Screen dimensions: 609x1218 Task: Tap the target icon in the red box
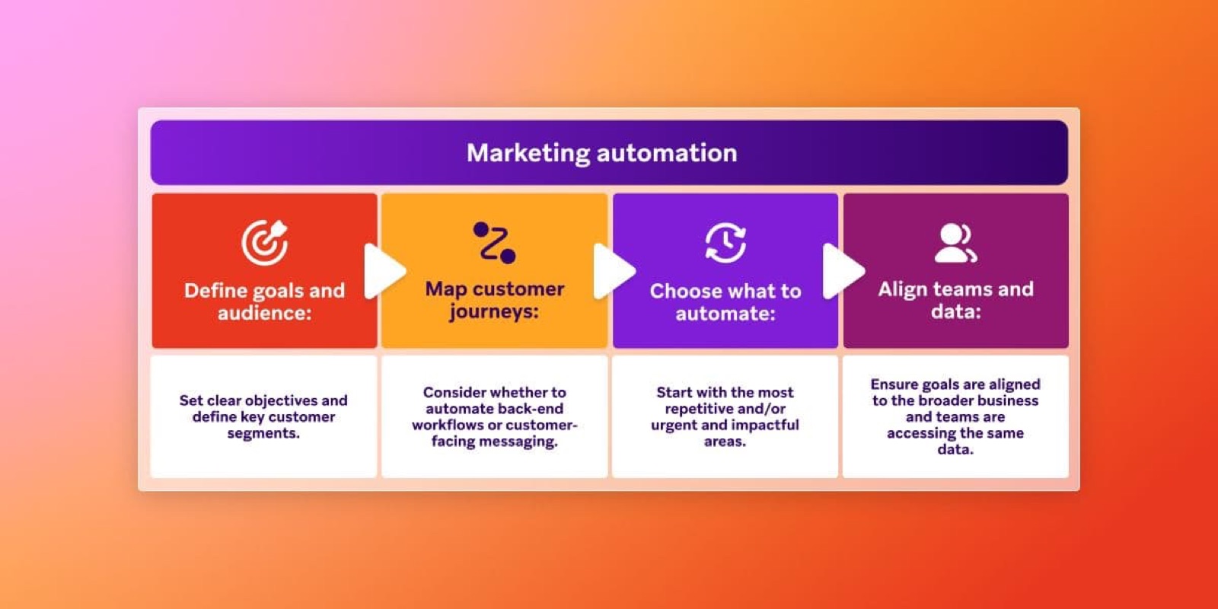pos(264,242)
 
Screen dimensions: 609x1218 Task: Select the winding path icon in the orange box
pos(494,242)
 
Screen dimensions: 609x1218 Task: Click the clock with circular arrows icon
pos(725,243)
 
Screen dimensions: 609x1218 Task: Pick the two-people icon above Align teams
pos(955,243)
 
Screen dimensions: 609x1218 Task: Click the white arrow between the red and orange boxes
pos(383,270)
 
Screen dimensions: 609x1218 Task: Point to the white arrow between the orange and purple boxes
pos(613,270)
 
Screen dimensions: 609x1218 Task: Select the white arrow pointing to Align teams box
pos(842,270)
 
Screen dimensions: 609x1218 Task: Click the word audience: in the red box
pos(264,313)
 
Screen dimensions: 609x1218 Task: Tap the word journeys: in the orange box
pos(493,311)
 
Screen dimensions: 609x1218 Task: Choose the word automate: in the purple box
pos(725,314)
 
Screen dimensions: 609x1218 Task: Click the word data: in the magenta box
pos(955,311)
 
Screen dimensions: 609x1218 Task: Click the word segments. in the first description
pos(263,433)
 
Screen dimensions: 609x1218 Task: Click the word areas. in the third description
pos(725,442)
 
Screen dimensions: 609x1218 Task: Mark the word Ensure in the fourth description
pos(894,384)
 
